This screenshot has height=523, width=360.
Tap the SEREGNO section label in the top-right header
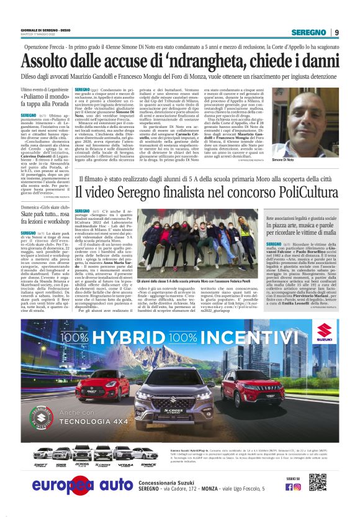(x=311, y=33)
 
